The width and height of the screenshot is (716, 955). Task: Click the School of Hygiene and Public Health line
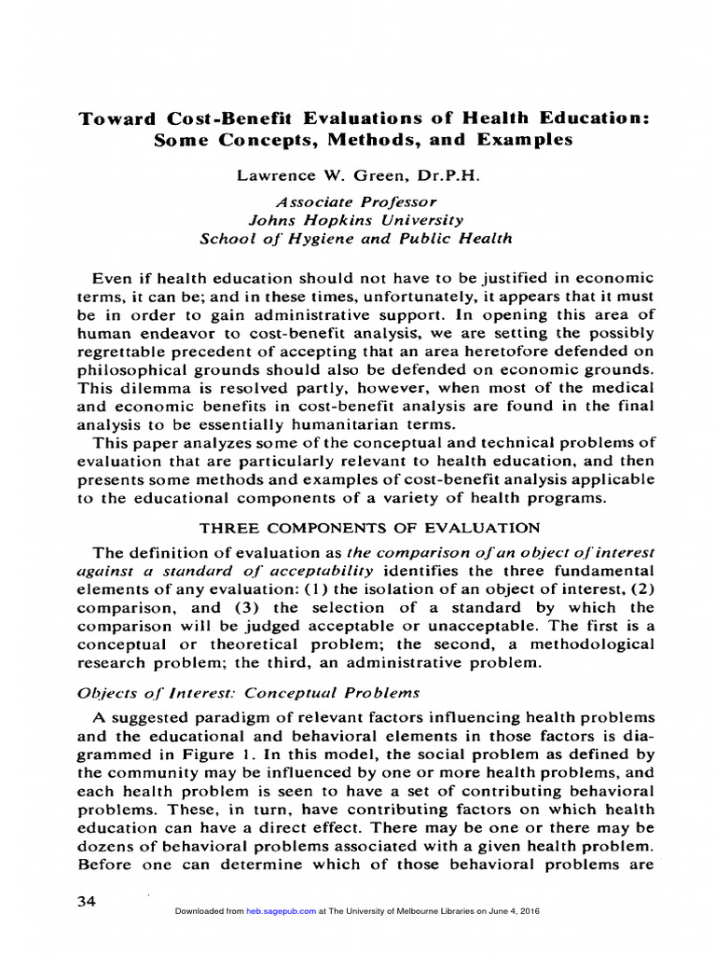(356, 239)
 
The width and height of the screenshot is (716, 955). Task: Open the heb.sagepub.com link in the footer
(284, 911)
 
